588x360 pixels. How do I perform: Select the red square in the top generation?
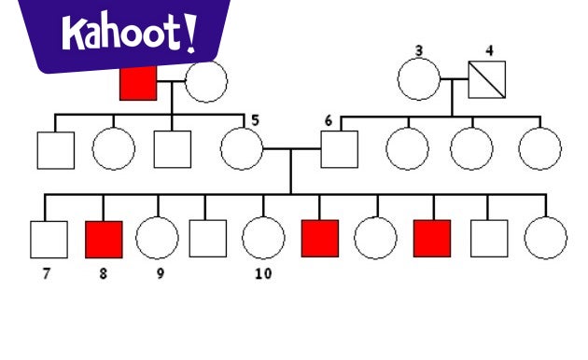point(138,83)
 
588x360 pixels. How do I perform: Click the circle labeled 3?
point(418,80)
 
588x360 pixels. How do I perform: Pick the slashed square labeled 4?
point(486,80)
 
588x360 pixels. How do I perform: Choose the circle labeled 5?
point(242,148)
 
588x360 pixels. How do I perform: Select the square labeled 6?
point(340,149)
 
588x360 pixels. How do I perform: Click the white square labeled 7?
point(49,239)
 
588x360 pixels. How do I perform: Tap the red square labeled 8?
point(104,239)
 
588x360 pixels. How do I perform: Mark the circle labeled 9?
point(157,239)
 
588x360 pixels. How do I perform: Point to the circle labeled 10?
point(263,239)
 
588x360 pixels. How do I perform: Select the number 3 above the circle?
point(419,49)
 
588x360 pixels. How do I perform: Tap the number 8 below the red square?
point(103,274)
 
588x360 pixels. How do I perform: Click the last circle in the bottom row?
point(545,239)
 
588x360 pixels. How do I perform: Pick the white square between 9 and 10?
point(208,239)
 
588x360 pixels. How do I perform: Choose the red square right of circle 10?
point(319,239)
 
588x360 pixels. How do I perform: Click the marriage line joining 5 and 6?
point(291,148)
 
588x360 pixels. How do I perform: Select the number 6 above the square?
point(328,121)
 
